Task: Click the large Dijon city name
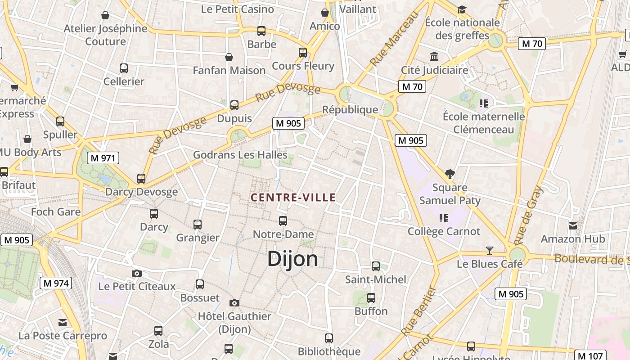pos(292,259)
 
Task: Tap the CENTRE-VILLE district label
pos(293,198)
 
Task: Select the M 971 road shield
pos(103,158)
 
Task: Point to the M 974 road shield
pos(56,283)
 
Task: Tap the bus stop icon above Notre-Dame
pos(283,221)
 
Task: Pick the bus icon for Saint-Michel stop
pos(376,266)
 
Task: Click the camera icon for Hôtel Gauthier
pos(234,303)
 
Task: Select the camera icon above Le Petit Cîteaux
pos(137,273)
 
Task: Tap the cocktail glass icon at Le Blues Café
pos(490,251)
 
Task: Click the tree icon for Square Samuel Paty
pos(450,174)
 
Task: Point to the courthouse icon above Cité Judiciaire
pos(434,57)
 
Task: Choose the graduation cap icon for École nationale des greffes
pos(462,9)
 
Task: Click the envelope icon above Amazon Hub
pos(573,225)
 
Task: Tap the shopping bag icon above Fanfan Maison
pos(229,57)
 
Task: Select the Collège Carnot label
pos(444,231)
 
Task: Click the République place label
pos(350,110)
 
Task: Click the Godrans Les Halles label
pos(240,155)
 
